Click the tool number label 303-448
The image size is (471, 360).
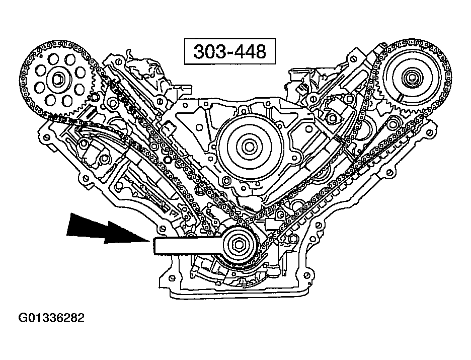click(x=230, y=51)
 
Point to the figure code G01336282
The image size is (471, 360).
click(x=51, y=318)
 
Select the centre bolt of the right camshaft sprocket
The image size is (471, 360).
click(x=411, y=78)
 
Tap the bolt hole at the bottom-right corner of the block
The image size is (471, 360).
click(x=306, y=275)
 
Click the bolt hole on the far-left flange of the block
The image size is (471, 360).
click(x=46, y=137)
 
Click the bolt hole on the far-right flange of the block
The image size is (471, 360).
click(x=429, y=131)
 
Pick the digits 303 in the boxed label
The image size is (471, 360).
click(x=207, y=51)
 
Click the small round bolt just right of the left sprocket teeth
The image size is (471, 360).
click(x=95, y=97)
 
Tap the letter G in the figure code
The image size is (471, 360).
click(x=23, y=318)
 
